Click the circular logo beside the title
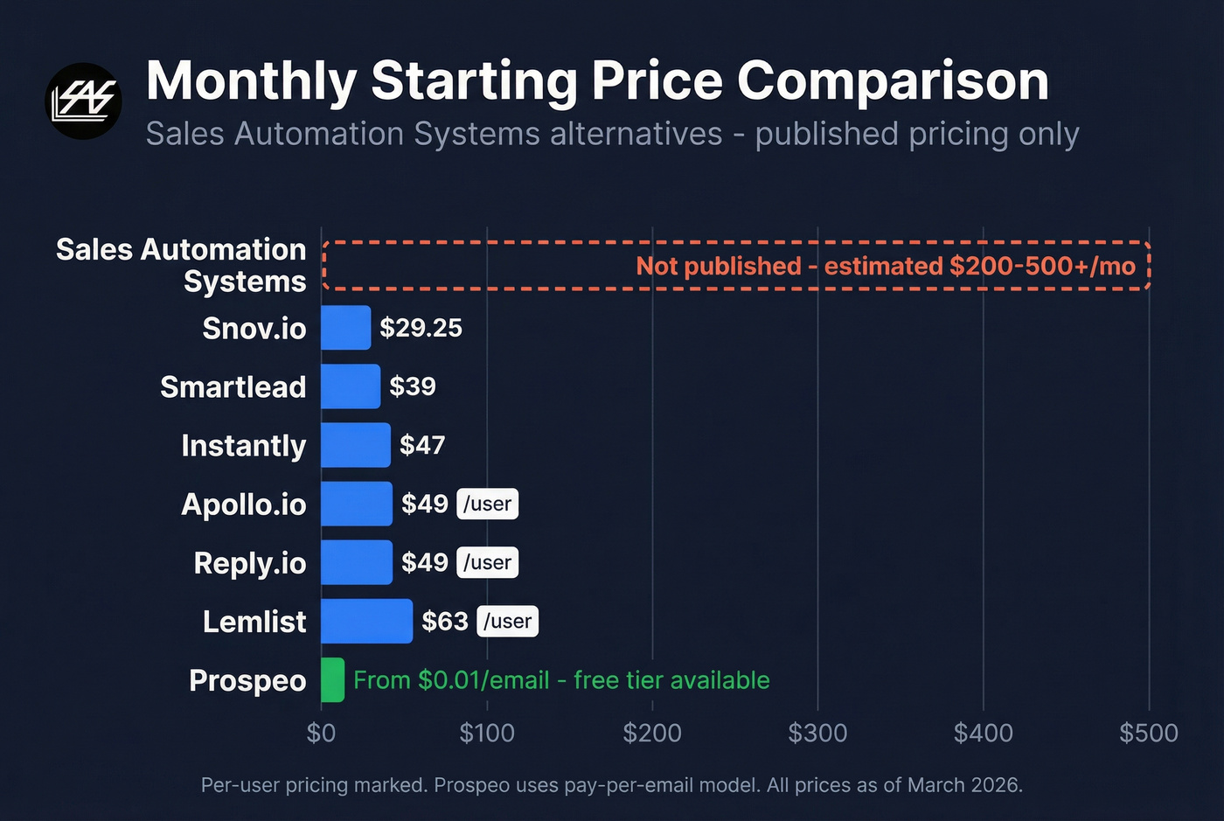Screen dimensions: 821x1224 (x=83, y=101)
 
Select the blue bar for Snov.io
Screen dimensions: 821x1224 (x=345, y=328)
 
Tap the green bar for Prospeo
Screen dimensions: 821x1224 (x=332, y=679)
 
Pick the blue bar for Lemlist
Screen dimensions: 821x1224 (x=366, y=621)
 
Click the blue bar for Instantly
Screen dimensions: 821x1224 (x=355, y=445)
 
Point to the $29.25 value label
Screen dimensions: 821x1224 (x=421, y=328)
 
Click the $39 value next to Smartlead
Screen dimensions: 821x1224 (x=413, y=386)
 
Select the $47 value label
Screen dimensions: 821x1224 (x=422, y=445)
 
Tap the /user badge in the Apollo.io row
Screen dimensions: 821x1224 (x=488, y=504)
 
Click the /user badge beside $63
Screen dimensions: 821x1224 (x=508, y=621)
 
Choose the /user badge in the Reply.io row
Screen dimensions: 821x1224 (x=488, y=562)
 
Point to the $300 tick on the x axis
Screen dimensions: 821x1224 (x=817, y=733)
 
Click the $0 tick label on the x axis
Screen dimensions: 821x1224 (x=321, y=733)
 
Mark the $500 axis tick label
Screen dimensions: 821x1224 (x=1149, y=733)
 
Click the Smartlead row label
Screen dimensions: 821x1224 (x=233, y=386)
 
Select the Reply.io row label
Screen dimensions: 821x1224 (x=250, y=563)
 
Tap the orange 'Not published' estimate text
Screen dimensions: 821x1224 (x=885, y=266)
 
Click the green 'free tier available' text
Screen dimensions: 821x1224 (x=671, y=680)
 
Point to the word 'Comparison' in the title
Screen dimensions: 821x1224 (x=893, y=81)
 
